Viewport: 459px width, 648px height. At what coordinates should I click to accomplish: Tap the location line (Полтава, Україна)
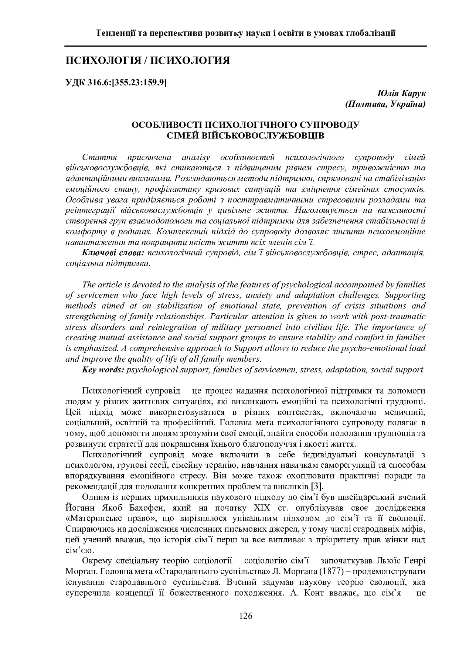click(x=385, y=104)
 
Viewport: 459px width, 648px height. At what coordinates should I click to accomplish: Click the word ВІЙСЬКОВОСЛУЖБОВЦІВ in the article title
click(x=245, y=136)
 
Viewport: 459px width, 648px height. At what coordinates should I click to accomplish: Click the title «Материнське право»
click(x=107, y=518)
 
